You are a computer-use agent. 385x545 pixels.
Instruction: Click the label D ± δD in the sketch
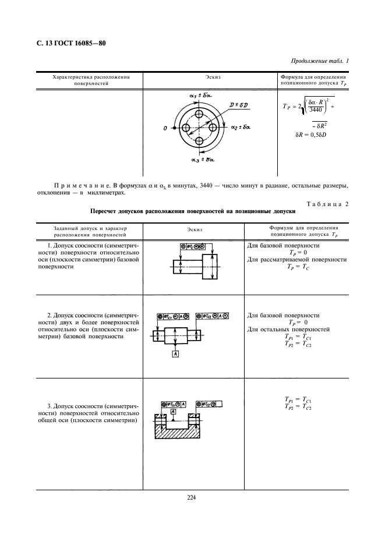click(238, 104)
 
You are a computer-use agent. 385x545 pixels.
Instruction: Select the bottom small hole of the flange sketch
click(199, 141)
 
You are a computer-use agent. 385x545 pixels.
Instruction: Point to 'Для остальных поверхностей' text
click(288, 330)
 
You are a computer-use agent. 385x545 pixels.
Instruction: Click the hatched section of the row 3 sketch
click(178, 431)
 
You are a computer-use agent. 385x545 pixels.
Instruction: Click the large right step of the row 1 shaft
click(211, 268)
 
